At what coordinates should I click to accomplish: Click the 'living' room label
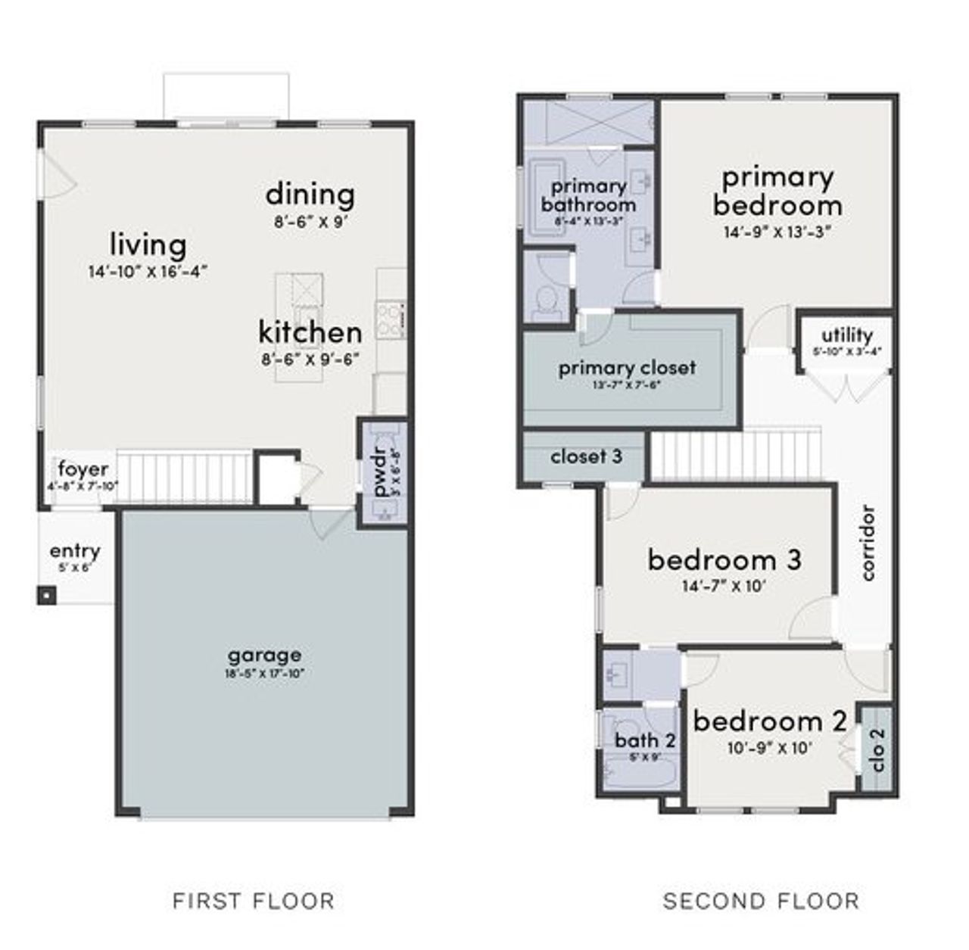tap(148, 245)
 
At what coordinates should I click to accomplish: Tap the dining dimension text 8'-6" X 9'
tap(310, 223)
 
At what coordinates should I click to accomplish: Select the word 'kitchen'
tap(310, 332)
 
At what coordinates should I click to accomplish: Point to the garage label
tap(264, 655)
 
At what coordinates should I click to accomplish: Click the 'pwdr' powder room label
tap(381, 474)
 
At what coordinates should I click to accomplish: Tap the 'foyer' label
tap(83, 469)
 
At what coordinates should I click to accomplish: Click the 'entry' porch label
tap(75, 551)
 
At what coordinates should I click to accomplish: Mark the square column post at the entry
tap(47, 596)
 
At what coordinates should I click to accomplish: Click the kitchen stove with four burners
tap(391, 319)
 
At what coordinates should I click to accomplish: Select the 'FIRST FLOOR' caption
tap(253, 901)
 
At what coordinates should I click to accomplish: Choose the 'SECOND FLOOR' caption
tap(761, 901)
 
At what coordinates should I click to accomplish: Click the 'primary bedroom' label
tap(777, 191)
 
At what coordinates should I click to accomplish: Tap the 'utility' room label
tap(847, 335)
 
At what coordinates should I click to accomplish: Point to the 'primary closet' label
tap(627, 368)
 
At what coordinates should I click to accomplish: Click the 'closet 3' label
tap(586, 457)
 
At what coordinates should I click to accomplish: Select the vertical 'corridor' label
tap(868, 543)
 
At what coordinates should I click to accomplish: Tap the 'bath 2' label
tap(645, 740)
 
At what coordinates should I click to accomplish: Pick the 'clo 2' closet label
tap(877, 749)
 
